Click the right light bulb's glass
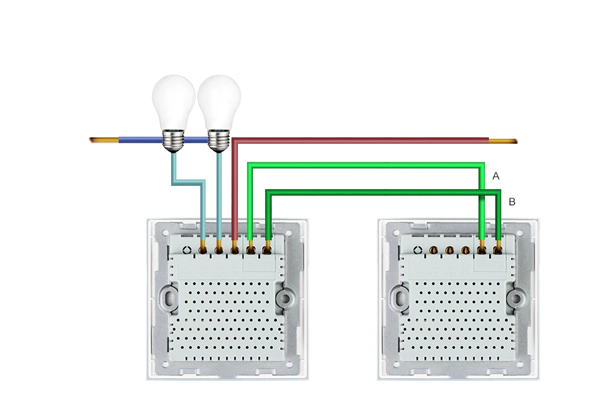(219, 97)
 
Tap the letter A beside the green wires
(496, 176)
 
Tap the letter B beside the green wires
(512, 202)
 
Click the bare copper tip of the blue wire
(103, 140)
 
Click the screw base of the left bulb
(173, 138)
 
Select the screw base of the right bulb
(219, 138)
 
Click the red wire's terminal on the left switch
(235, 247)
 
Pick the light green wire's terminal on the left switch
(251, 247)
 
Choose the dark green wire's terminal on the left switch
(267, 247)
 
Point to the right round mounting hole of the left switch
(284, 297)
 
